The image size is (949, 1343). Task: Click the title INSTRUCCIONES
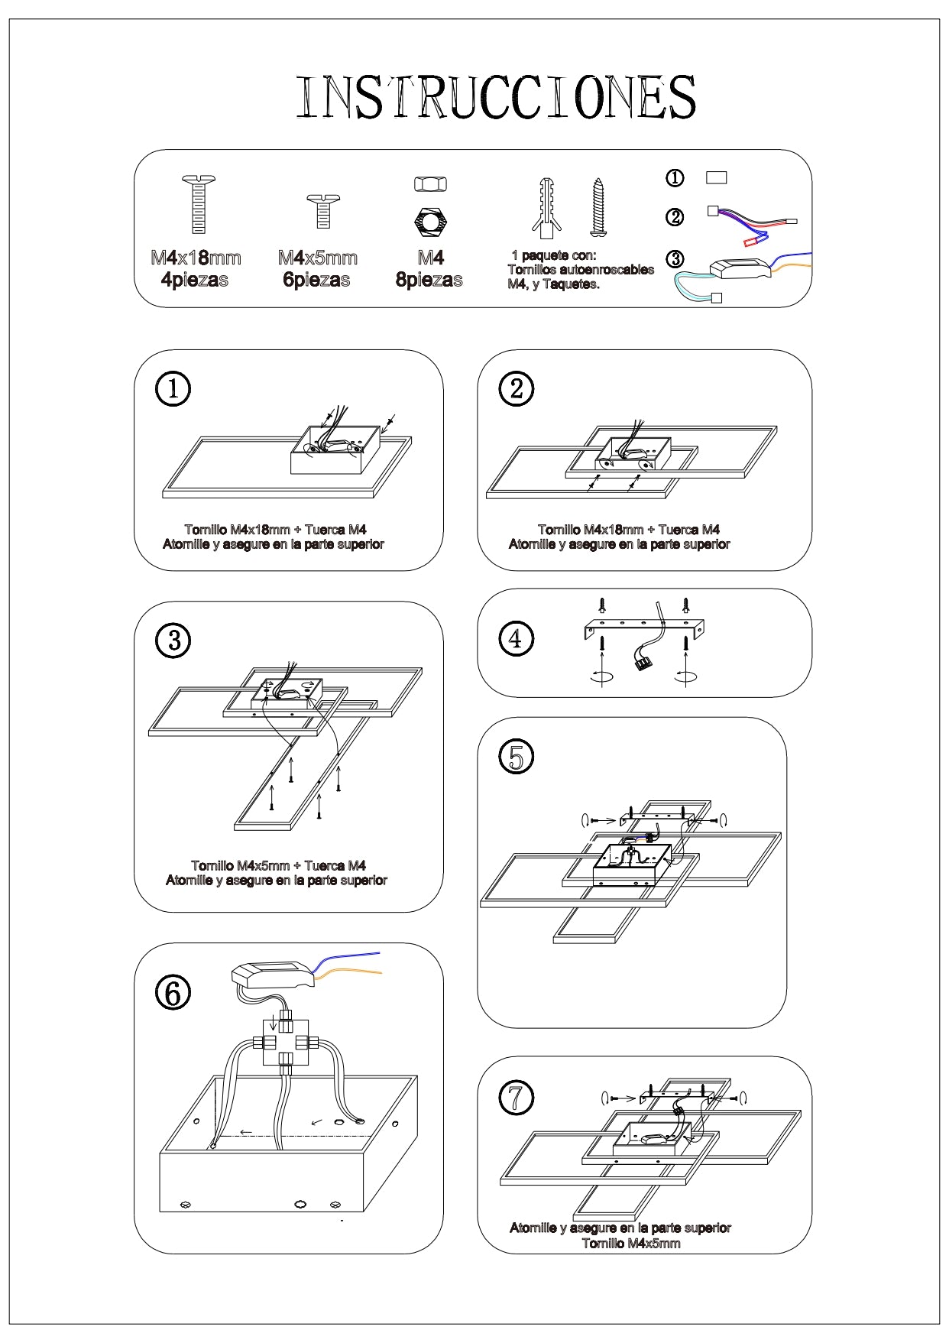pos(496,97)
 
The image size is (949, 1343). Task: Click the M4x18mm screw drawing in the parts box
pos(199,204)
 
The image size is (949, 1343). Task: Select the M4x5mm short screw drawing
pos(322,211)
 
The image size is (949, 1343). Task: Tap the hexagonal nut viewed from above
pos(431,222)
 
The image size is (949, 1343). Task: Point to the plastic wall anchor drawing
pos(545,207)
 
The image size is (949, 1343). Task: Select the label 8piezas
pos(429,280)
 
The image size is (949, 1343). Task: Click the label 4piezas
pos(195,280)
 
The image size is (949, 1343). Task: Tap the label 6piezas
pos(316,280)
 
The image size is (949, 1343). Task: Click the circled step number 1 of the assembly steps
pos(173,388)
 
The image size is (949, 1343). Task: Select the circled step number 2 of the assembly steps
pos(517,388)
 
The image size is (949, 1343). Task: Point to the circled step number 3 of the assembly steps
pos(173,640)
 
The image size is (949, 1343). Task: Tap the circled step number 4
pos(516,638)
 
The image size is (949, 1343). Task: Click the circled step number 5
pos(517,757)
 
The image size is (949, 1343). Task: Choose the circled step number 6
pos(173,993)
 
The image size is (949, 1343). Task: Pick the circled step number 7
pos(517,1098)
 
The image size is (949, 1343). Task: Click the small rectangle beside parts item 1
pos(716,177)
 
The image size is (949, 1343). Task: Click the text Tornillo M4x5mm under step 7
pos(630,1243)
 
